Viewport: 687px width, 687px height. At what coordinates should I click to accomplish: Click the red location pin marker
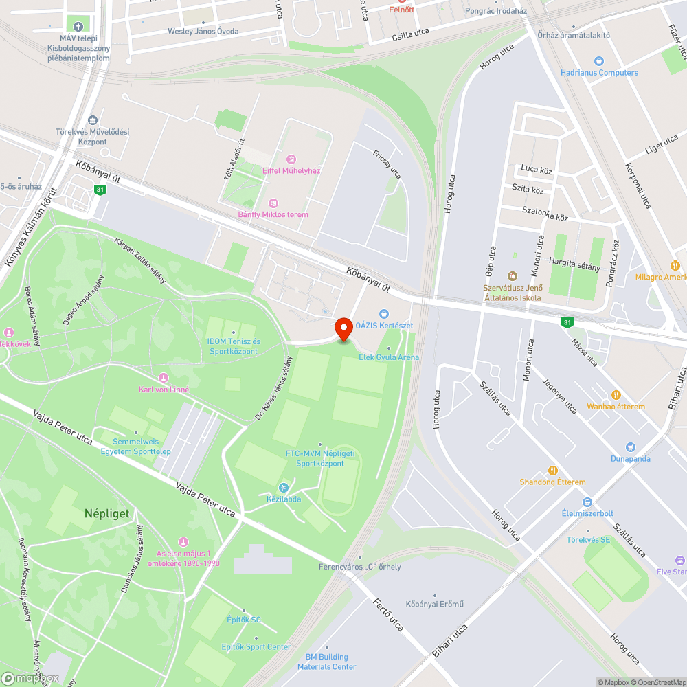coord(343,328)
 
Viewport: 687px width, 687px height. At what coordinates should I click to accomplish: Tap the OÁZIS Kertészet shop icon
coord(384,314)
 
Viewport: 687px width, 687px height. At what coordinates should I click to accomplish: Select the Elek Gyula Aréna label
coord(389,357)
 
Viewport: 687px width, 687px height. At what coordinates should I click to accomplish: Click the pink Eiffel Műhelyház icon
coord(291,159)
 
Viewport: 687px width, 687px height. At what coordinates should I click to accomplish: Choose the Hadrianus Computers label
coord(599,72)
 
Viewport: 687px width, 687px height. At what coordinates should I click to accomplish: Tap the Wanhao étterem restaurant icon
coord(616,395)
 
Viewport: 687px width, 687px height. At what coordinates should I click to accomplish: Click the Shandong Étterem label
coord(552,482)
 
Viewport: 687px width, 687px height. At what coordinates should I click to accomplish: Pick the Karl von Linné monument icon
coord(164,378)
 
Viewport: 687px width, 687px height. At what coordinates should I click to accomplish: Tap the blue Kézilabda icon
coord(283,487)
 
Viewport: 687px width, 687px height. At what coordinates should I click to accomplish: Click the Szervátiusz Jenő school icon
coord(513,275)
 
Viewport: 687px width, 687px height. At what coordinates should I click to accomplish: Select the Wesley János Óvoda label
coord(203,32)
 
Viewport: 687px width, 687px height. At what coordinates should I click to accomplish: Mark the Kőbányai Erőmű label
coord(434,604)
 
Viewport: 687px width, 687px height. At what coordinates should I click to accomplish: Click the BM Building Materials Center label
coord(326,662)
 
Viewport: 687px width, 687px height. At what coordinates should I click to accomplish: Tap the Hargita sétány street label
coord(574,267)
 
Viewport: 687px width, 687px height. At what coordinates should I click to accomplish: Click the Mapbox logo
coord(31,679)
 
